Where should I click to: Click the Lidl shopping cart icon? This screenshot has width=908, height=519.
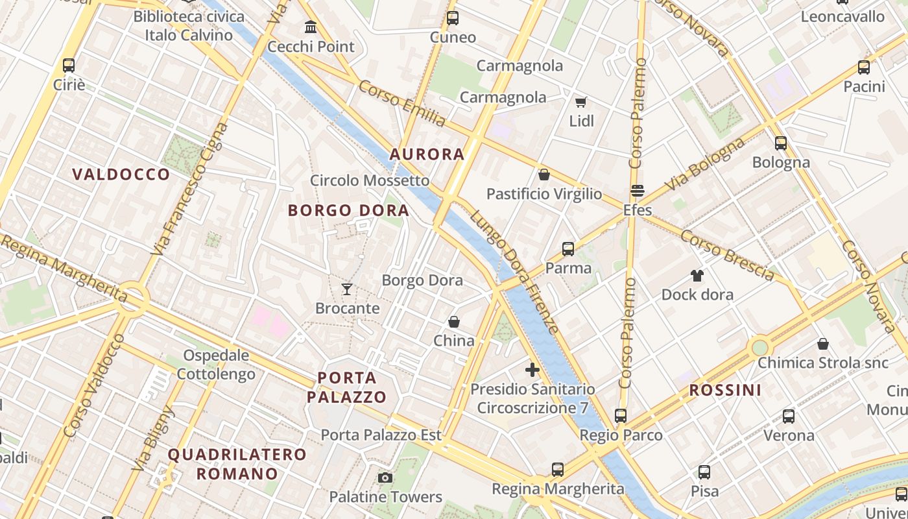(581, 102)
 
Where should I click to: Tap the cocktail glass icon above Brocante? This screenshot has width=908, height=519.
(348, 289)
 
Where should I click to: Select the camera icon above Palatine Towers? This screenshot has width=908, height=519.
(385, 478)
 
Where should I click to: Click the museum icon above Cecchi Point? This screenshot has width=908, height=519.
(311, 27)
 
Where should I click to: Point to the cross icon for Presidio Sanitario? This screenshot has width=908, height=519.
(532, 370)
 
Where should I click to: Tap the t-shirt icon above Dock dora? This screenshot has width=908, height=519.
(697, 276)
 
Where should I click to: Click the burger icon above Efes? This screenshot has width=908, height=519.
(638, 191)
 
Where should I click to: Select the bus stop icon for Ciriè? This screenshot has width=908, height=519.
(69, 65)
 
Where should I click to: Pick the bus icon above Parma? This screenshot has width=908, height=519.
(568, 248)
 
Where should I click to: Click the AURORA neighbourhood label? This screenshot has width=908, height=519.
(427, 154)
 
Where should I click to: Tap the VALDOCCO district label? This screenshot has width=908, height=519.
(121, 174)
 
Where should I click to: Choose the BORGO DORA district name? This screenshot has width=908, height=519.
(349, 210)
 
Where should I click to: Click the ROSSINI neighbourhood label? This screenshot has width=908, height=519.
(725, 390)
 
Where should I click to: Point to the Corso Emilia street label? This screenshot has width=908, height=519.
(402, 104)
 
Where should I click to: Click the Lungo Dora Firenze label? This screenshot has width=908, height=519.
(515, 272)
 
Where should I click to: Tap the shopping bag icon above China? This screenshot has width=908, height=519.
(454, 322)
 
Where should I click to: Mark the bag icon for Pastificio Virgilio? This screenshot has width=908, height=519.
(544, 175)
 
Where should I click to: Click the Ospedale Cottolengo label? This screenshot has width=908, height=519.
(216, 365)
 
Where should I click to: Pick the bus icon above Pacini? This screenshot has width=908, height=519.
(864, 67)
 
